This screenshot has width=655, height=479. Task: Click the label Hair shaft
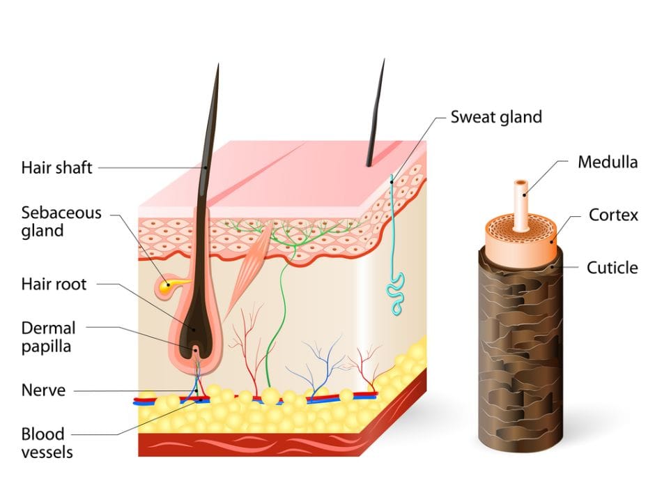(57, 167)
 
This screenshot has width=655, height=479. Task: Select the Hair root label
(54, 284)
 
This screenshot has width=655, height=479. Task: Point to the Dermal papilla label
(48, 336)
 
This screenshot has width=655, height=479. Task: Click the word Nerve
(43, 390)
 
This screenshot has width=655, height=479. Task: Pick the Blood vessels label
(47, 443)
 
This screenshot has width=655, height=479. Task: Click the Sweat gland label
(495, 116)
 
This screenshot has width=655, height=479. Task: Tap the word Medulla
(608, 162)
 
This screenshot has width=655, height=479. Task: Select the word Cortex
(613, 215)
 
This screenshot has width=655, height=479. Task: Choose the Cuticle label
(612, 267)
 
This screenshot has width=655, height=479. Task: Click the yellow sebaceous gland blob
(166, 285)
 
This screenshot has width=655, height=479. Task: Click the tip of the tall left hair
(217, 68)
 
